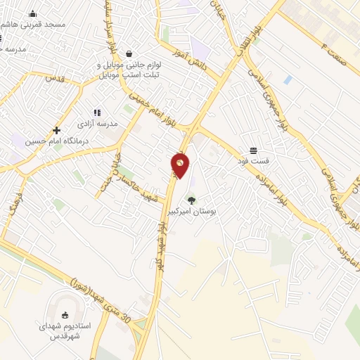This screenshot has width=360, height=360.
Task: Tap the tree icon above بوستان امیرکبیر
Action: pyautogui.click(x=192, y=200)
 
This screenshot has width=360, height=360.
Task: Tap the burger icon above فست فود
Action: pyautogui.click(x=253, y=150)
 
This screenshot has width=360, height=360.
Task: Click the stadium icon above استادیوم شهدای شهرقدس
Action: pyautogui.click(x=66, y=314)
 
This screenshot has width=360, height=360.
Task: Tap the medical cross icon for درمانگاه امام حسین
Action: pyautogui.click(x=56, y=130)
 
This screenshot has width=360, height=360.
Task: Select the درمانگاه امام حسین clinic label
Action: pyautogui.click(x=49, y=141)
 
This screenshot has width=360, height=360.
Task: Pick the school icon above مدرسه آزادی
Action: pyautogui.click(x=97, y=112)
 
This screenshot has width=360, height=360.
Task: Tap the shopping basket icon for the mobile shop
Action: pyautogui.click(x=129, y=53)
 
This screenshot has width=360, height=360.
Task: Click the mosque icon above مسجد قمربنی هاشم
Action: pyautogui.click(x=32, y=13)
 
